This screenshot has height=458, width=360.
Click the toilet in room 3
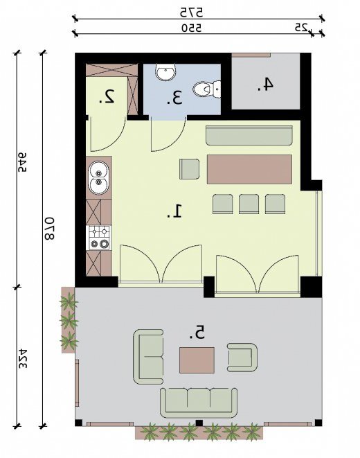coord(206,89)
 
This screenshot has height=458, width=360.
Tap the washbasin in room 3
coord(165,72)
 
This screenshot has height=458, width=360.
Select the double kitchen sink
coord(99,178)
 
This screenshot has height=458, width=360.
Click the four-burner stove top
coord(99,238)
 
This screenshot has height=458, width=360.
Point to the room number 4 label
coord(265,85)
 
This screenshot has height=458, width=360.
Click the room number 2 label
coord(107,97)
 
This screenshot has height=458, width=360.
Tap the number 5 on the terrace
coord(197,333)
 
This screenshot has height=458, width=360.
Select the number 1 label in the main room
coord(174,211)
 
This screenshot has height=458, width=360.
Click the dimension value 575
coord(191,12)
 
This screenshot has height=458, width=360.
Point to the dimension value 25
coord(301,28)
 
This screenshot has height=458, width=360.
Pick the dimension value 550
coord(191,28)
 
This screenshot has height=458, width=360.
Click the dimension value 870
coord(49,229)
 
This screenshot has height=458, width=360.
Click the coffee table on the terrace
coord(197,360)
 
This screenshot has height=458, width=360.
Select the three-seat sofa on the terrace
coord(199,403)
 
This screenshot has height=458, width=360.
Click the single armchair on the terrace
coord(242,358)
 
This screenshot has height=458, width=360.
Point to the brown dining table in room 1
coord(249,170)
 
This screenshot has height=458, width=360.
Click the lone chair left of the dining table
coord(190,169)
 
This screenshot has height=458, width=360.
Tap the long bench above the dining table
coord(249,136)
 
